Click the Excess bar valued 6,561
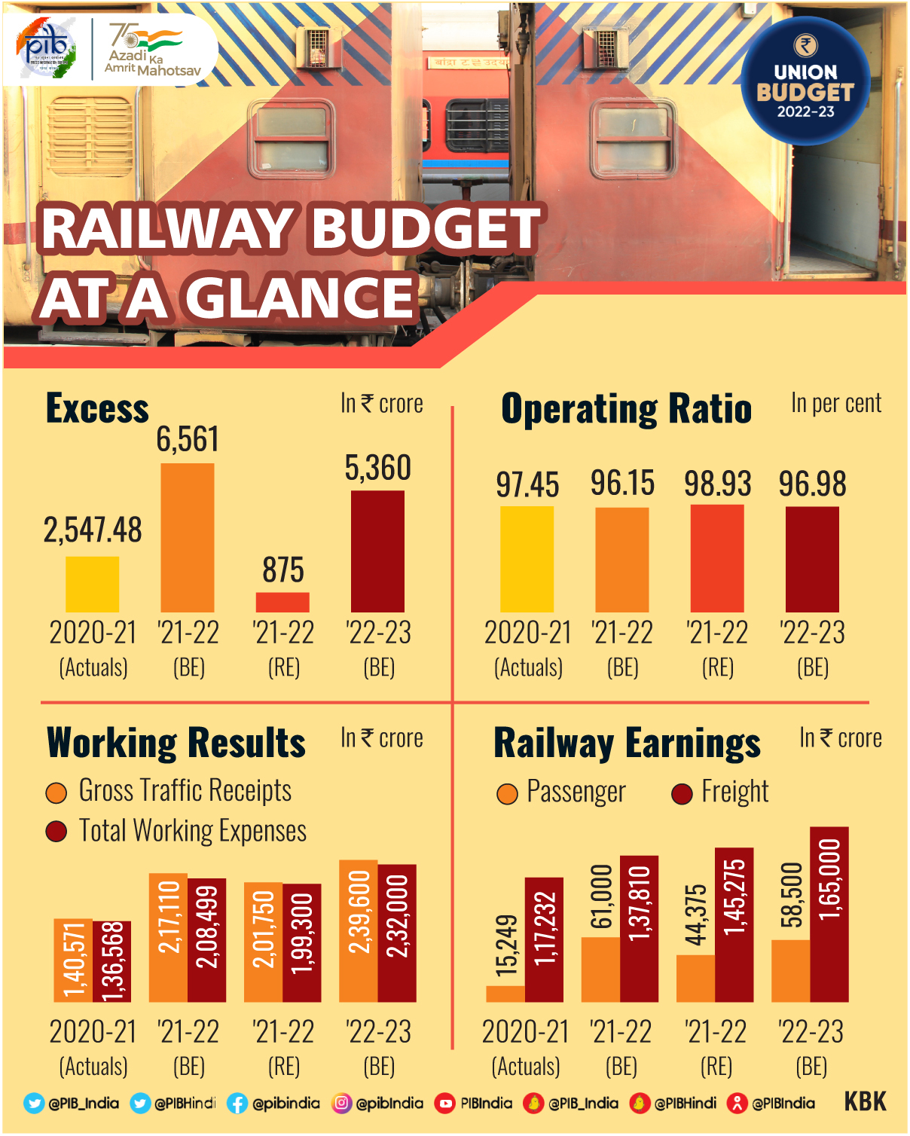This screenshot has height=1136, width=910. coord(188,537)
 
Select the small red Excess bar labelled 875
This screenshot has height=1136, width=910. coord(282,602)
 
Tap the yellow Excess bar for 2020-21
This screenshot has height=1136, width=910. coord(92,584)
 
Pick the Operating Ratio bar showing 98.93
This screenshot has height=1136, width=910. coord(717,558)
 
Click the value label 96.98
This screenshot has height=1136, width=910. coord(812,484)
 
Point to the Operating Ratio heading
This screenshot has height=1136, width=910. coord(626,409)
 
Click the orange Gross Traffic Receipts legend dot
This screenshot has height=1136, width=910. coord(56,792)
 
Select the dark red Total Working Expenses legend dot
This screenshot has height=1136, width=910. coord(56,832)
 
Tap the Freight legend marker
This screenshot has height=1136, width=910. coord(682,794)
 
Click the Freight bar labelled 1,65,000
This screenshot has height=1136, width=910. coord(829,914)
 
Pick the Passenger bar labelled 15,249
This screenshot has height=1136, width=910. coord(505,993)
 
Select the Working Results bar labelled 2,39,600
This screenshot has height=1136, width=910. coord(359,930)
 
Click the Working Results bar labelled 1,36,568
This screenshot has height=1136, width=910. coord(112,961)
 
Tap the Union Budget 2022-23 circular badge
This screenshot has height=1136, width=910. coord(805,81)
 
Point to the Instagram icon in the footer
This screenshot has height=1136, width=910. coord(342,1103)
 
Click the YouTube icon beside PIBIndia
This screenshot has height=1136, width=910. coord(445,1104)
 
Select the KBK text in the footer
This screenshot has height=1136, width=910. coord(865,1101)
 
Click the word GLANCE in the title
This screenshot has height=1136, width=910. coord(300,298)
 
